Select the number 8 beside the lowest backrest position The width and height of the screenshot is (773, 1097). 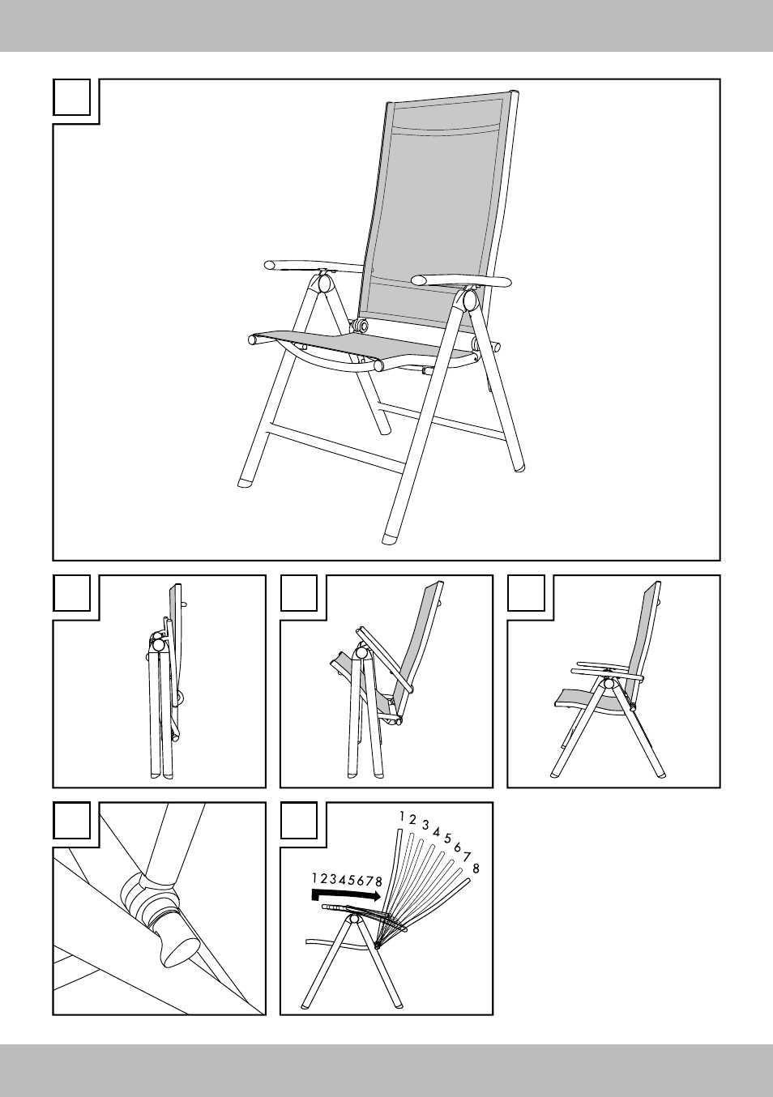[x=476, y=869]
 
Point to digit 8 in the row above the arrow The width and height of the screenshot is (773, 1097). [x=378, y=881]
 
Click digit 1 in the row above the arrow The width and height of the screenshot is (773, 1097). [x=314, y=877]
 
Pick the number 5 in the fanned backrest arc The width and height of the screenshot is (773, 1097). [x=447, y=838]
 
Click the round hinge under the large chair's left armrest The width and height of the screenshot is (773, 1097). [x=324, y=283]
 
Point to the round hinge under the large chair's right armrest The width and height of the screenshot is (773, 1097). [x=469, y=299]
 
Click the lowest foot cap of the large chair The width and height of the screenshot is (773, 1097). [x=391, y=539]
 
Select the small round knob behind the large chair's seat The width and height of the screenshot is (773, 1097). [x=361, y=325]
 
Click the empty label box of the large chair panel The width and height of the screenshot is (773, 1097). [x=71, y=97]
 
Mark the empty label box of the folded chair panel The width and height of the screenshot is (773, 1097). [x=71, y=593]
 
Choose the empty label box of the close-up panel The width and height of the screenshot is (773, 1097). [x=71, y=820]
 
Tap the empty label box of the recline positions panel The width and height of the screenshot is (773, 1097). [x=299, y=820]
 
